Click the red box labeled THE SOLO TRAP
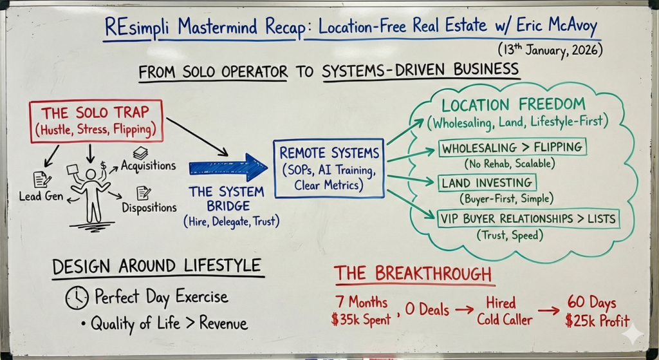pyautogui.click(x=94, y=120)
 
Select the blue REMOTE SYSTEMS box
pyautogui.click(x=328, y=167)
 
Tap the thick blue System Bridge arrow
pyautogui.click(x=228, y=167)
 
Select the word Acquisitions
pyautogui.click(x=148, y=166)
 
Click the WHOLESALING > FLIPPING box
pyautogui.click(x=512, y=147)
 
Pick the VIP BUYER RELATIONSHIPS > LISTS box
pyautogui.click(x=527, y=219)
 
